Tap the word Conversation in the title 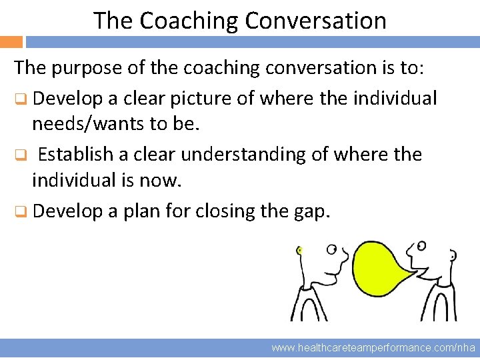(315, 21)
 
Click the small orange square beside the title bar (11, 41)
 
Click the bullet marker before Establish (21, 155)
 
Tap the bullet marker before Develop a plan (21, 212)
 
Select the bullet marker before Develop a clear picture (21, 99)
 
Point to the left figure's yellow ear (300, 251)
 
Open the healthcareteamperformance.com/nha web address (373, 348)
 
